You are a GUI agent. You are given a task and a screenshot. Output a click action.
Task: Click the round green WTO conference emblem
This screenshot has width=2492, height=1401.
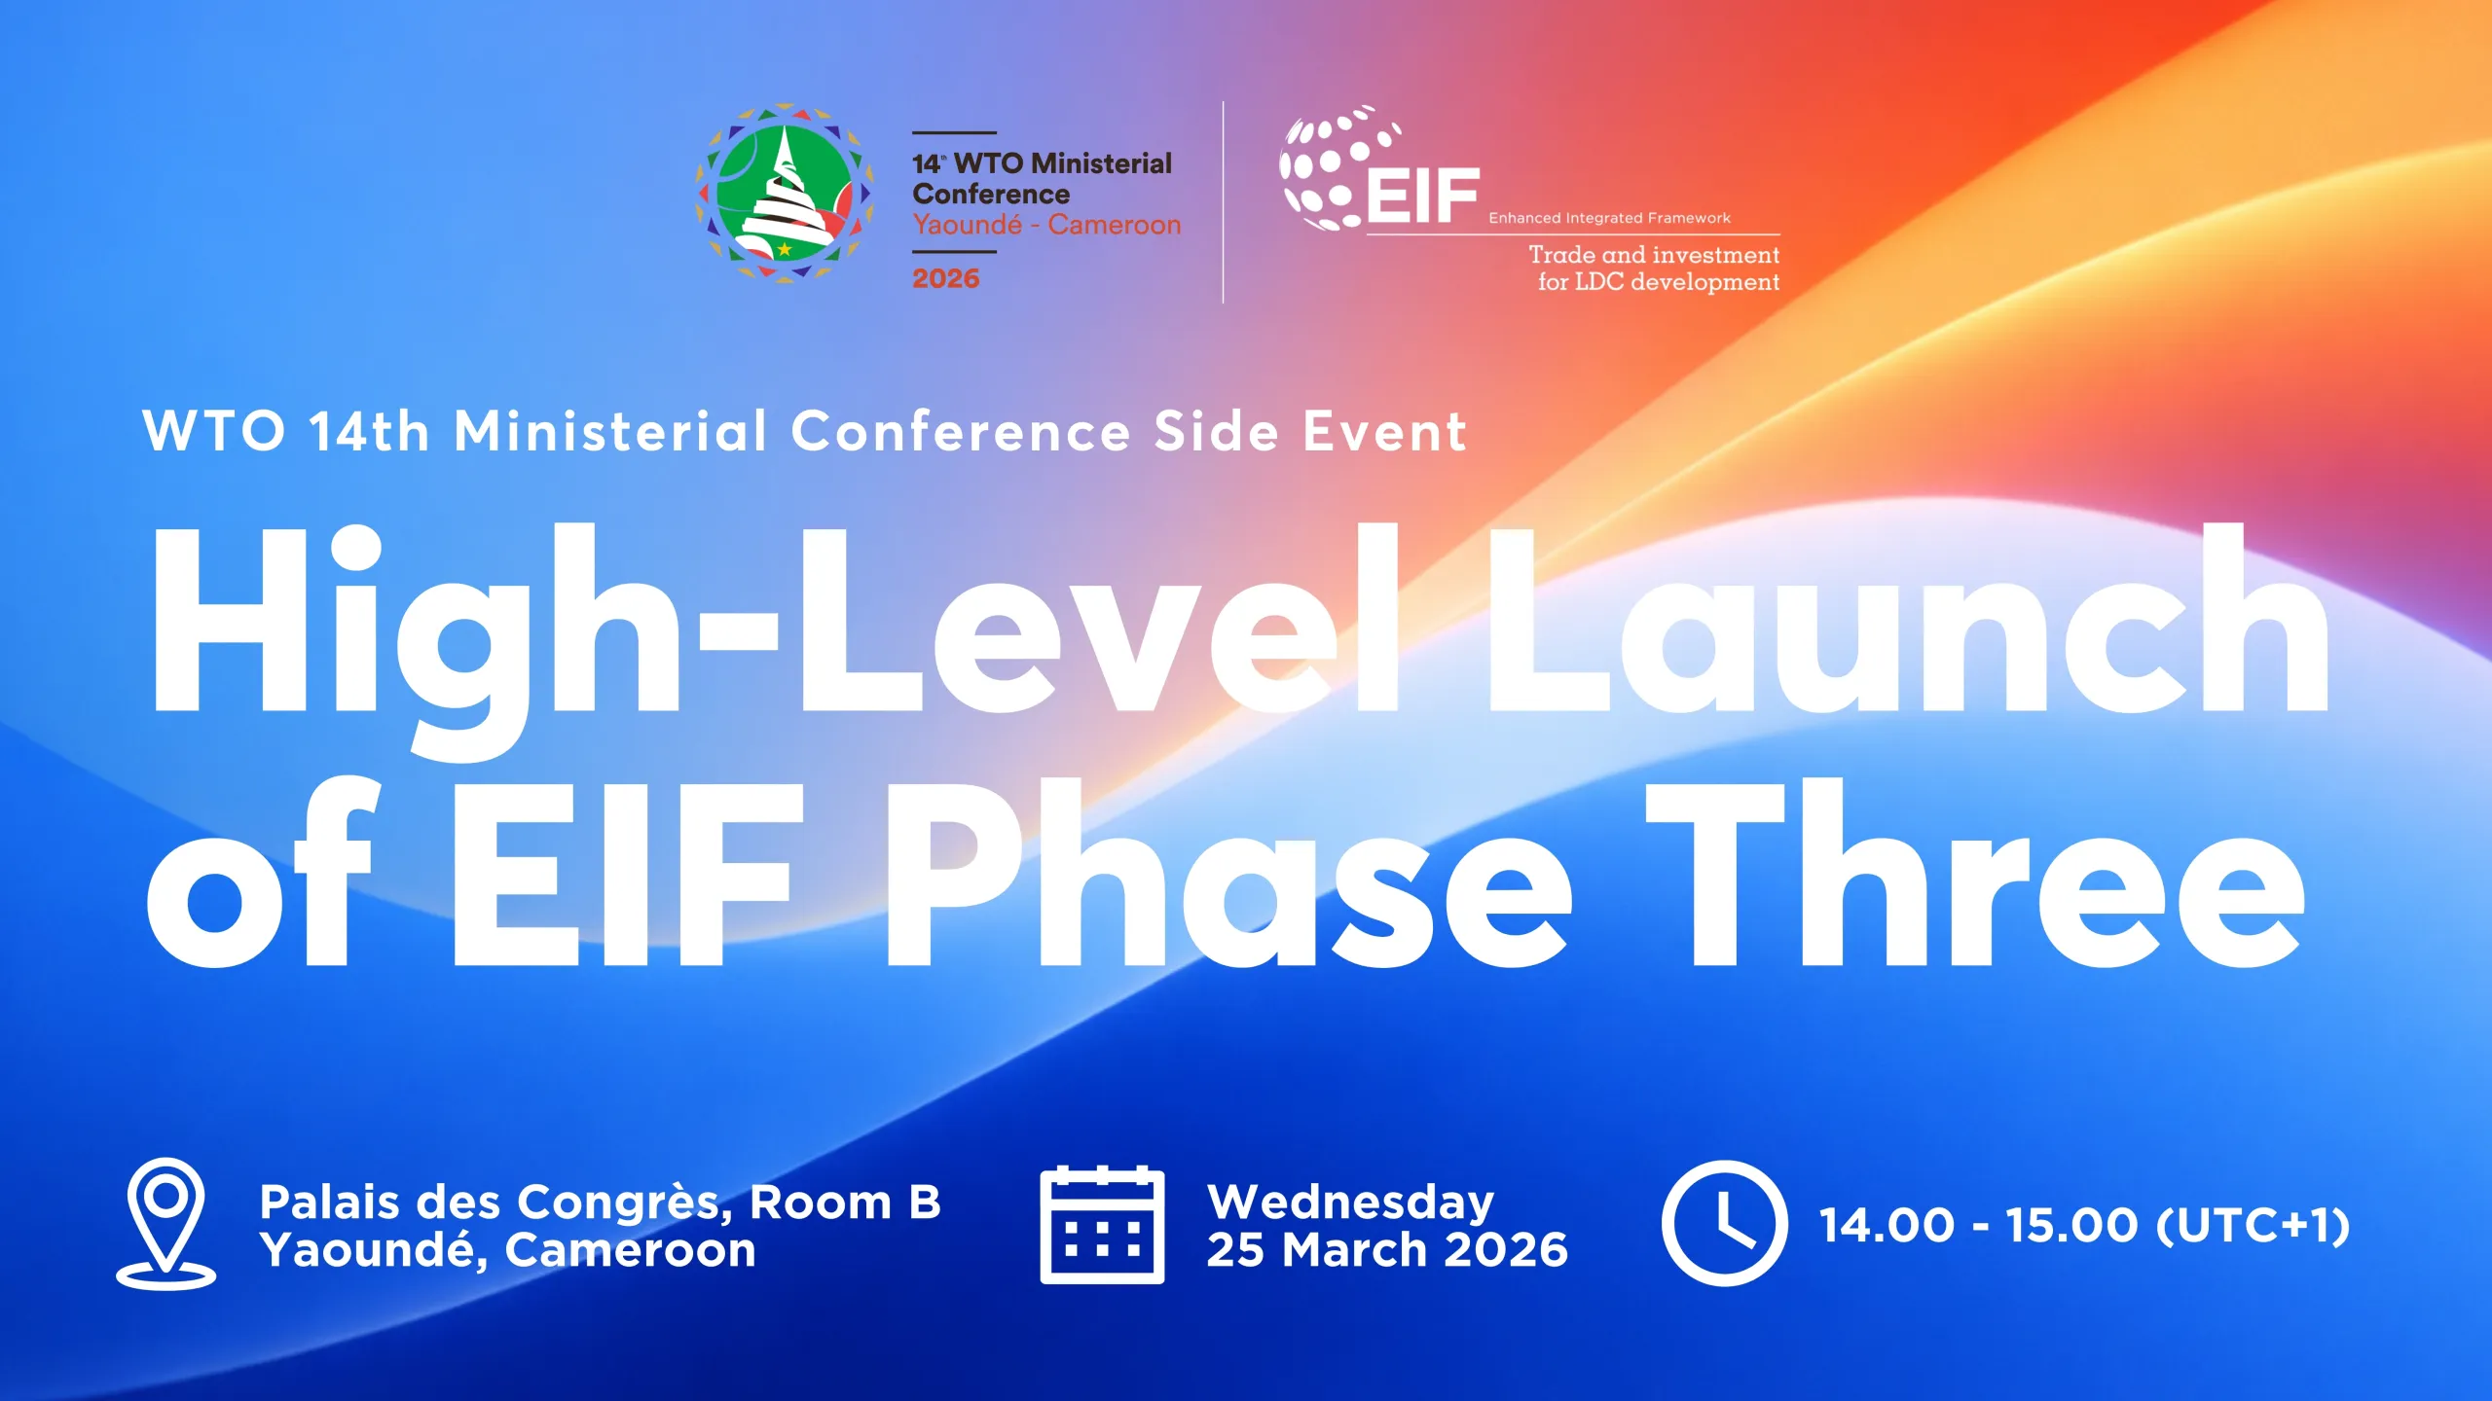784,193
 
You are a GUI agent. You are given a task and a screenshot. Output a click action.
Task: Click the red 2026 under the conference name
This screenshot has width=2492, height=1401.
945,278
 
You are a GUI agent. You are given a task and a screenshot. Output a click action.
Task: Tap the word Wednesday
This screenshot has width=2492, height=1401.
1350,1203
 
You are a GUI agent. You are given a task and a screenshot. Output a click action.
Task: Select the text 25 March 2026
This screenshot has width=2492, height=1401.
1387,1250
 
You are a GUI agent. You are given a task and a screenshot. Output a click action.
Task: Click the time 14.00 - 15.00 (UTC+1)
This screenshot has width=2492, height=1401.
2084,1225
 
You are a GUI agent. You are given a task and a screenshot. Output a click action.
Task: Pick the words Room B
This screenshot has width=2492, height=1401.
845,1203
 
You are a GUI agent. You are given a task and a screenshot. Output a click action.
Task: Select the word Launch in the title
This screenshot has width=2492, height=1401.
1908,619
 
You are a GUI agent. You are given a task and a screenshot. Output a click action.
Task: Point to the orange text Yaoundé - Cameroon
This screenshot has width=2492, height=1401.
1046,225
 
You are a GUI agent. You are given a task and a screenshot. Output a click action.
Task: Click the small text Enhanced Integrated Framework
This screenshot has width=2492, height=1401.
1609,218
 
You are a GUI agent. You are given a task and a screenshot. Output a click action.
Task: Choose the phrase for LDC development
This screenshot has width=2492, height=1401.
1659,282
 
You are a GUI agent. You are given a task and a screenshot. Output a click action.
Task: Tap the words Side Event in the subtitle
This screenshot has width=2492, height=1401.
1310,431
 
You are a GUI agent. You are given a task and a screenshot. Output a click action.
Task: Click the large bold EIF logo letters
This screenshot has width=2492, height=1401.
1423,196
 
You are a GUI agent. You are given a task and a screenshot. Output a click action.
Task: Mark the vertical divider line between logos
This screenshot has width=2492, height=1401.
1224,202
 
